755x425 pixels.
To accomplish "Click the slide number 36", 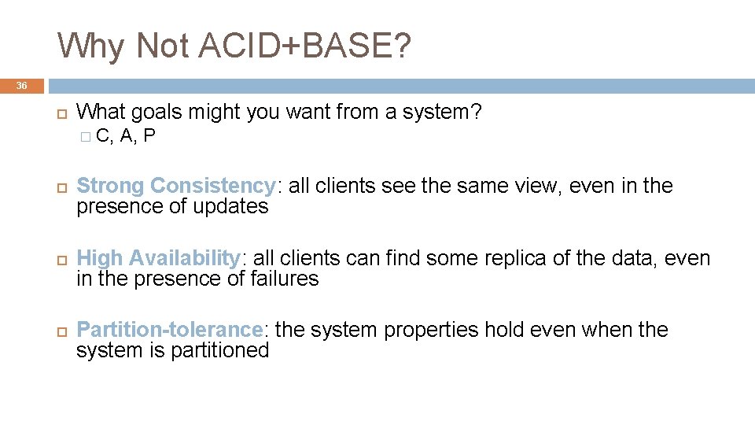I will click(x=21, y=85).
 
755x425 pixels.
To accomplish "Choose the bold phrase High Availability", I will click(x=158, y=258).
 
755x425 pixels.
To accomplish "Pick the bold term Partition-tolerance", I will click(x=169, y=330).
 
